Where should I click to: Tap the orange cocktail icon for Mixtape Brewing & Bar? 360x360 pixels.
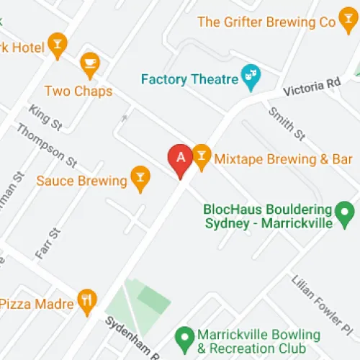pos(202,158)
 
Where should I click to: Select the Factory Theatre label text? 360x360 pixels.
pos(189,79)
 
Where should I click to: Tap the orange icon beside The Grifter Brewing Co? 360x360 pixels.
pos(329,22)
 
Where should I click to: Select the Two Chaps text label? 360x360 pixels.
pos(78,91)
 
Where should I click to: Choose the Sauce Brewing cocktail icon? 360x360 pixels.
pos(140,178)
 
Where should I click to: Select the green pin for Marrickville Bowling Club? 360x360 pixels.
pos(185,336)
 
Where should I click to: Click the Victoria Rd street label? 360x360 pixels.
pos(311,88)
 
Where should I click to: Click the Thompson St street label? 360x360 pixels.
pos(46,144)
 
